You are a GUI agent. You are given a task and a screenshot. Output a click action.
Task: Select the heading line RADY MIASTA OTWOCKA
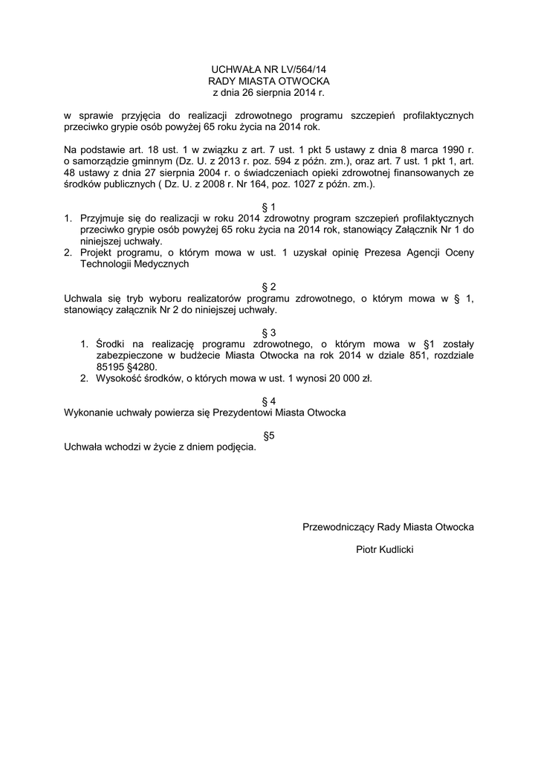point(269,81)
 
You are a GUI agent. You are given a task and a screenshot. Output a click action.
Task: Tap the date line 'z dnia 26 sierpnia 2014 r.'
point(269,93)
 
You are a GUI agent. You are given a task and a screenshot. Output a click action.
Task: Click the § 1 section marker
point(269,207)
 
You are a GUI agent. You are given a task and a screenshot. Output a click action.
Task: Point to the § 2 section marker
point(269,287)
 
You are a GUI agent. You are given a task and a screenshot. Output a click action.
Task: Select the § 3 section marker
point(269,332)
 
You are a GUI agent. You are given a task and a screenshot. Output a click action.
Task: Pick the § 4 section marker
point(269,401)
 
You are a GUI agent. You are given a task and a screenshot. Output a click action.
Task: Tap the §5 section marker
point(269,435)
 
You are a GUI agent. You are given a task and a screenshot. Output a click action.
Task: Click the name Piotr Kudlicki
point(385,550)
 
